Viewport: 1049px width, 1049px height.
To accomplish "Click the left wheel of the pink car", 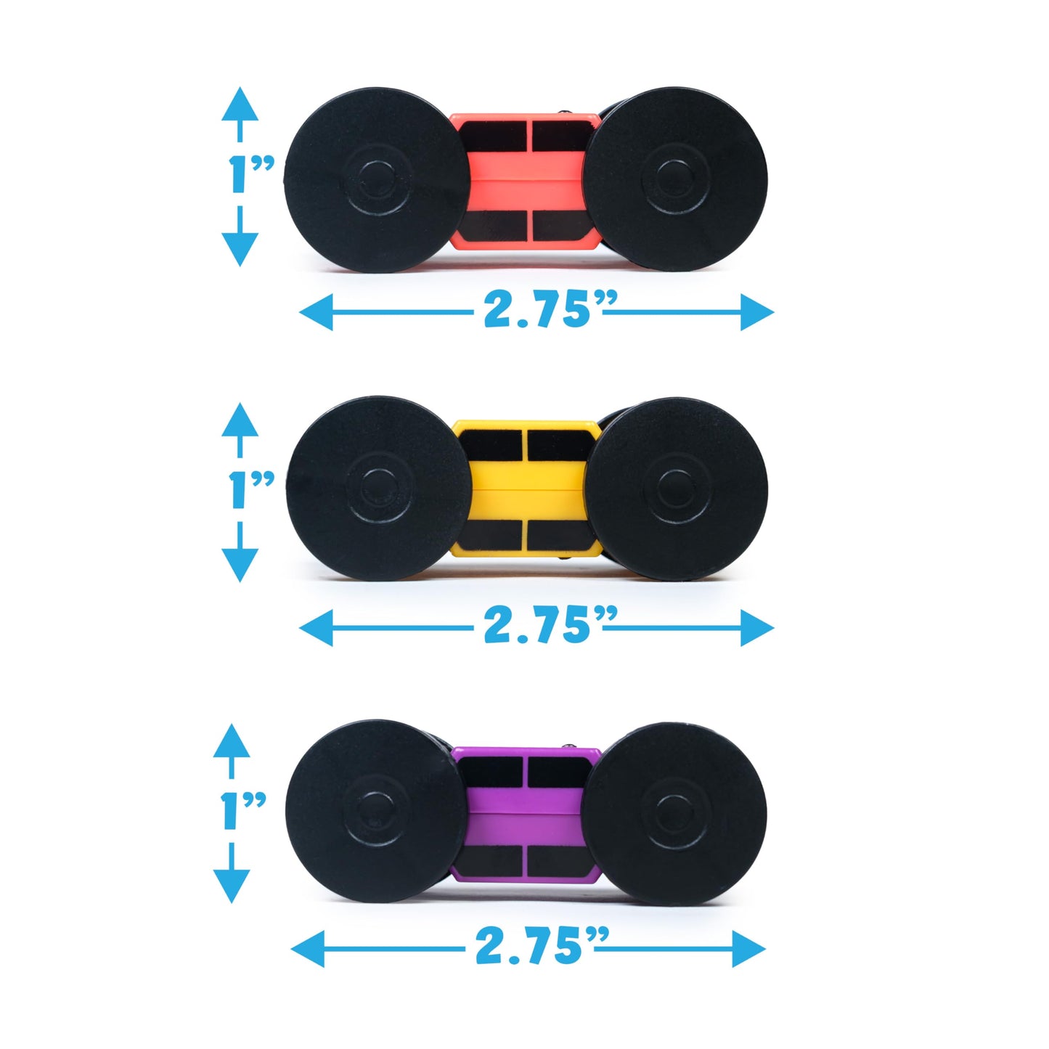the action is click(376, 179).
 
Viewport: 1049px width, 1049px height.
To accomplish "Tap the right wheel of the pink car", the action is click(675, 179).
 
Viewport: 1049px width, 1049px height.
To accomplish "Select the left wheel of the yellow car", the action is click(378, 488).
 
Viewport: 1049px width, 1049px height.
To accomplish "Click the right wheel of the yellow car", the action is click(676, 489).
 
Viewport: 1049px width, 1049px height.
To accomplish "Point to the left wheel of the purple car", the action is click(375, 811).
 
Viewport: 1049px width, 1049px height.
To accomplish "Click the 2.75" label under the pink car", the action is click(550, 310).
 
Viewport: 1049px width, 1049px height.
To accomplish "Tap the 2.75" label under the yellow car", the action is click(550, 626).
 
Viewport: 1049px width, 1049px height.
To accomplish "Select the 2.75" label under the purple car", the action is click(542, 947).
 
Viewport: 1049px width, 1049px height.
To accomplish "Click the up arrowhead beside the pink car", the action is click(240, 104).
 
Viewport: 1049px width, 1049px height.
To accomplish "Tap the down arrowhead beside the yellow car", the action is click(240, 565).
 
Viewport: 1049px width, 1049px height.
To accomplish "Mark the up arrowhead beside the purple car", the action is click(232, 741).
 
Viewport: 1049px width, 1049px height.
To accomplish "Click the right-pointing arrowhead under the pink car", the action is click(757, 312).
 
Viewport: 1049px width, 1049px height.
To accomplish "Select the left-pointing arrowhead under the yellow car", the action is click(317, 628).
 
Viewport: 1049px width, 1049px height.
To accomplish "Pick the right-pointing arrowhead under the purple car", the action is click(749, 949).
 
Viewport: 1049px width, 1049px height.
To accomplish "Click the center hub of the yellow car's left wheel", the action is click(378, 488).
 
